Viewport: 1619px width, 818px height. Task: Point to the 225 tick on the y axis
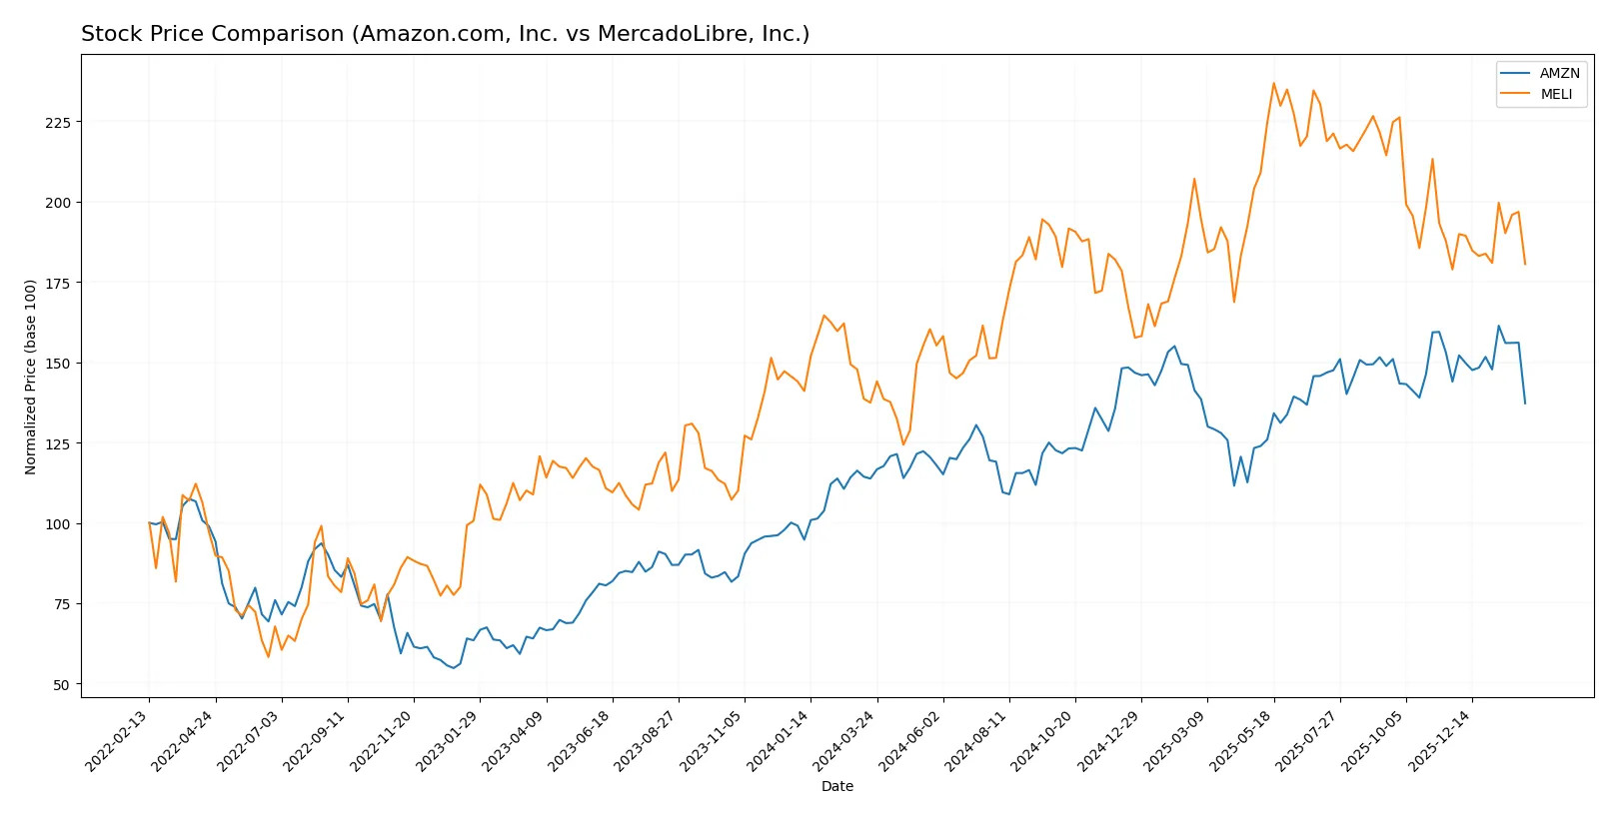click(57, 122)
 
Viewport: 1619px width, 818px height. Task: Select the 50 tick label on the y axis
click(61, 685)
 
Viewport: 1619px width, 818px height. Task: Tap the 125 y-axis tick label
click(57, 443)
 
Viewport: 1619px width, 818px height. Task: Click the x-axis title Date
click(836, 786)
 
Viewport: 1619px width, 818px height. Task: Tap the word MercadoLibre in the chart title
click(661, 34)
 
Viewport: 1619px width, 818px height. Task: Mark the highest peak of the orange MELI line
click(1273, 83)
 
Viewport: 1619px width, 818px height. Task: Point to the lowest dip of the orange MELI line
click(268, 656)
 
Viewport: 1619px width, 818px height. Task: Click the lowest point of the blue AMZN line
click(454, 667)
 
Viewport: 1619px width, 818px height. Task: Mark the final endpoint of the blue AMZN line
click(1525, 404)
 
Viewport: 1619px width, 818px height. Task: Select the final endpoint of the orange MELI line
click(1525, 264)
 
